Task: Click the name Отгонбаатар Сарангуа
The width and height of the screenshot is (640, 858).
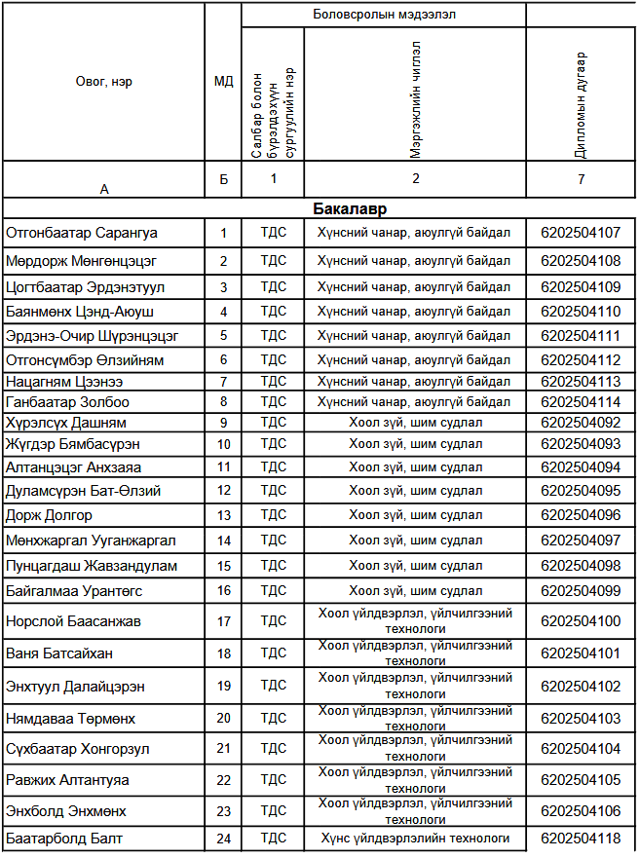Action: [x=82, y=233]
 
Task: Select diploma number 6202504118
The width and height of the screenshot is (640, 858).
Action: [x=581, y=838]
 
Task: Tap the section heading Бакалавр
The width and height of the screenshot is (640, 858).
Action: [x=352, y=209]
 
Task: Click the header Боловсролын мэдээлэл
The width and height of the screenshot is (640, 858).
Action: [x=384, y=14]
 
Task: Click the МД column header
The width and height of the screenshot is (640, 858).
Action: [x=223, y=81]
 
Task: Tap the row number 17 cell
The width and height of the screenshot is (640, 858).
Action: [x=224, y=621]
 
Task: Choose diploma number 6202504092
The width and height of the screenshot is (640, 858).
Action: [x=581, y=423]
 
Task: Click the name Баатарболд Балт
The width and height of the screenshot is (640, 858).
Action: [x=64, y=838]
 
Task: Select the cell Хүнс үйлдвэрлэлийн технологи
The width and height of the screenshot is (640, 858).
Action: [x=415, y=838]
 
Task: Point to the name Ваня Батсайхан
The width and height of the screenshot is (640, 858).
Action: [x=59, y=653]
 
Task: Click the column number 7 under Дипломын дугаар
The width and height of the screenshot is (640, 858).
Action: [x=581, y=178]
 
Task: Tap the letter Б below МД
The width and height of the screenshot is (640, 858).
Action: [x=223, y=179]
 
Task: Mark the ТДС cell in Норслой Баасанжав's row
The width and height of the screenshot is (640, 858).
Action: [x=273, y=621]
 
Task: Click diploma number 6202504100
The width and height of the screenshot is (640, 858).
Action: [x=581, y=621]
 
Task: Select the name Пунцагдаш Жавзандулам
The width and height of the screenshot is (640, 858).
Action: [x=92, y=566]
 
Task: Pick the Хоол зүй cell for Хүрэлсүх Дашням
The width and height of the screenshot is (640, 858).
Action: [x=415, y=423]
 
